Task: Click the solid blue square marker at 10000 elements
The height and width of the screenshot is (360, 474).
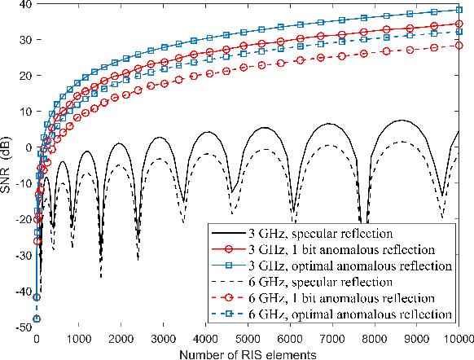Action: [x=459, y=10]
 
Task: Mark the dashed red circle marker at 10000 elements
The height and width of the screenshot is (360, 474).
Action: [x=459, y=46]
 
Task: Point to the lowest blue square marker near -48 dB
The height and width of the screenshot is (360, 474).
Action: [x=37, y=319]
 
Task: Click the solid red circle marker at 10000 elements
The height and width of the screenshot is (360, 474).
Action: [x=459, y=24]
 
